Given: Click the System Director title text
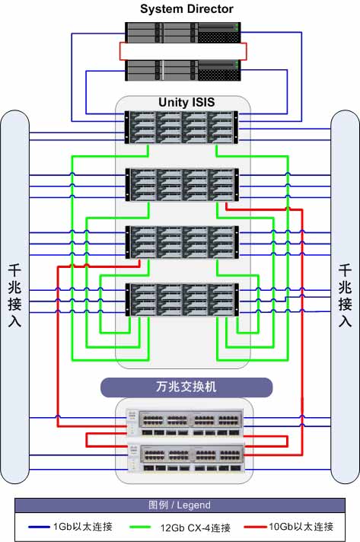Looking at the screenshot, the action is (x=186, y=9).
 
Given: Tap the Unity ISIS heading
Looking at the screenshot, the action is (x=186, y=102).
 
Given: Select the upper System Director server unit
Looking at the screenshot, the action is (x=183, y=33).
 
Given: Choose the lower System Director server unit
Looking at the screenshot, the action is (x=183, y=71).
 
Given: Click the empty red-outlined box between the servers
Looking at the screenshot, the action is (x=183, y=52).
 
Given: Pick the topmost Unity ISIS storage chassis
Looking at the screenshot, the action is (x=182, y=127).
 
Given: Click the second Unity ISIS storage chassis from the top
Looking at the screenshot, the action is (x=182, y=184).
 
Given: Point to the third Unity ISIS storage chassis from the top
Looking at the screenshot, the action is (x=182, y=242).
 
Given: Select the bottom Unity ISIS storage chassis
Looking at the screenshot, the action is (x=182, y=300).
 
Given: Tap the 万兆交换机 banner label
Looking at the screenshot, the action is (x=186, y=387).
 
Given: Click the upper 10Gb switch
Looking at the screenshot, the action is (x=185, y=422).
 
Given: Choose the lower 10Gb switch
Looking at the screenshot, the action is (x=186, y=458).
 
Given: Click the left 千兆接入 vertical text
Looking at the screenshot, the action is (x=14, y=296).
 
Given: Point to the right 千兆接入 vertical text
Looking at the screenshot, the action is (x=345, y=296).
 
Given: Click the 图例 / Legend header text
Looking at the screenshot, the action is (x=180, y=505).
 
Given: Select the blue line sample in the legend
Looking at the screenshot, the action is (x=39, y=527).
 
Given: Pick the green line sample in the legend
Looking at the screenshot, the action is (x=140, y=527).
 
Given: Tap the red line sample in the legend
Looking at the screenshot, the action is (x=255, y=527).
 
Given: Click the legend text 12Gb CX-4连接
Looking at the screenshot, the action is (x=195, y=528).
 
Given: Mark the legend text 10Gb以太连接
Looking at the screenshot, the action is (x=301, y=527).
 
